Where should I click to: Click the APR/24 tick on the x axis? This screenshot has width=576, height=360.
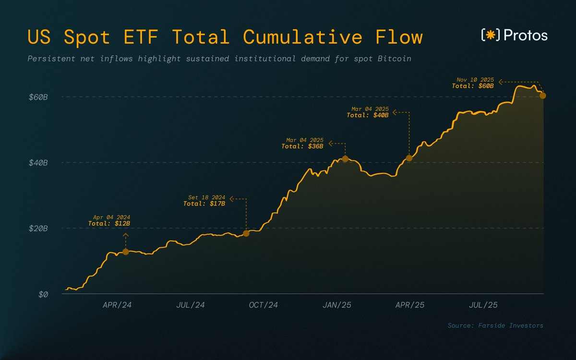tap(117, 305)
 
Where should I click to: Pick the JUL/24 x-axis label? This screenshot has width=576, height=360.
tap(191, 305)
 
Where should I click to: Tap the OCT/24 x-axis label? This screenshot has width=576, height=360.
tap(264, 305)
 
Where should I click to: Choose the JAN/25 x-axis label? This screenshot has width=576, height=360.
tap(336, 305)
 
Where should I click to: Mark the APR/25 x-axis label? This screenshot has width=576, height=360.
tap(409, 305)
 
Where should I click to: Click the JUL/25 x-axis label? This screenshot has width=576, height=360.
tap(483, 305)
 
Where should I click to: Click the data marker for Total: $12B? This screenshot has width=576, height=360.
tap(126, 252)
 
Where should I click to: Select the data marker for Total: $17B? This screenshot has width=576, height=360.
tap(246, 233)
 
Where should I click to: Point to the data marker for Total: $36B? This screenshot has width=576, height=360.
tap(345, 159)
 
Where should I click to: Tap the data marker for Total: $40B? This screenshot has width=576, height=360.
tap(409, 158)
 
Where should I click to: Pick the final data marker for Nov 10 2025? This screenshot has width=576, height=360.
tap(543, 96)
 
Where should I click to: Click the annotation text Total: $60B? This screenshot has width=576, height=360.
tap(473, 86)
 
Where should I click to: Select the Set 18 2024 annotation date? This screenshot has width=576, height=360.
tap(206, 197)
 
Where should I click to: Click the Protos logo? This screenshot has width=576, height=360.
tap(514, 35)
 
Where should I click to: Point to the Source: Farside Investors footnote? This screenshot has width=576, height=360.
tap(495, 325)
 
